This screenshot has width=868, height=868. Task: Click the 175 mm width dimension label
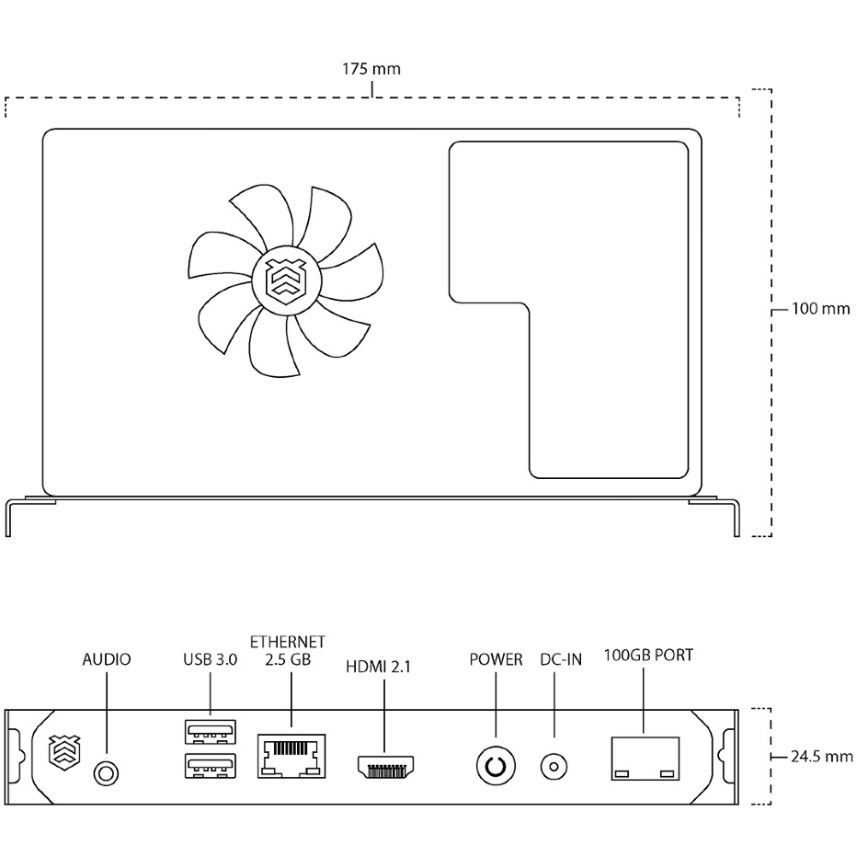371,69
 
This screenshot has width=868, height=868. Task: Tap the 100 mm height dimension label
820,308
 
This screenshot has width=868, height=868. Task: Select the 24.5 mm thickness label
821,756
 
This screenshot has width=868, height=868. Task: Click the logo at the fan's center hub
286,281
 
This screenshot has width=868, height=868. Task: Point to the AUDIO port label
107,659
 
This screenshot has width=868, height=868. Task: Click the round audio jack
106,772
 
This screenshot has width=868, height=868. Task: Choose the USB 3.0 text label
211,659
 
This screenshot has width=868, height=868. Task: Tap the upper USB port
211,732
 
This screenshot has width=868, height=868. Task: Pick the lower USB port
211,766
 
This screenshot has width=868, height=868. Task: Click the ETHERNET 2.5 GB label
288,650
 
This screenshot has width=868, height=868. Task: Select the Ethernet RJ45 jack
291,756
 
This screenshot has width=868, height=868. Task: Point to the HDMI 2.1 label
379,667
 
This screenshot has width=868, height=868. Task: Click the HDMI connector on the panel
386,767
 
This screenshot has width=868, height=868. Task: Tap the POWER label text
496,659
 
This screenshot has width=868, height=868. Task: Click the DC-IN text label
561,659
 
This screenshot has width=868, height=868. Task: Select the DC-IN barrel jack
554,767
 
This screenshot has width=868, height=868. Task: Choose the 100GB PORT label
648,656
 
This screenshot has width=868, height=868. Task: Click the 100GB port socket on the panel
645,759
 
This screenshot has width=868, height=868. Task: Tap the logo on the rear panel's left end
64,753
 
